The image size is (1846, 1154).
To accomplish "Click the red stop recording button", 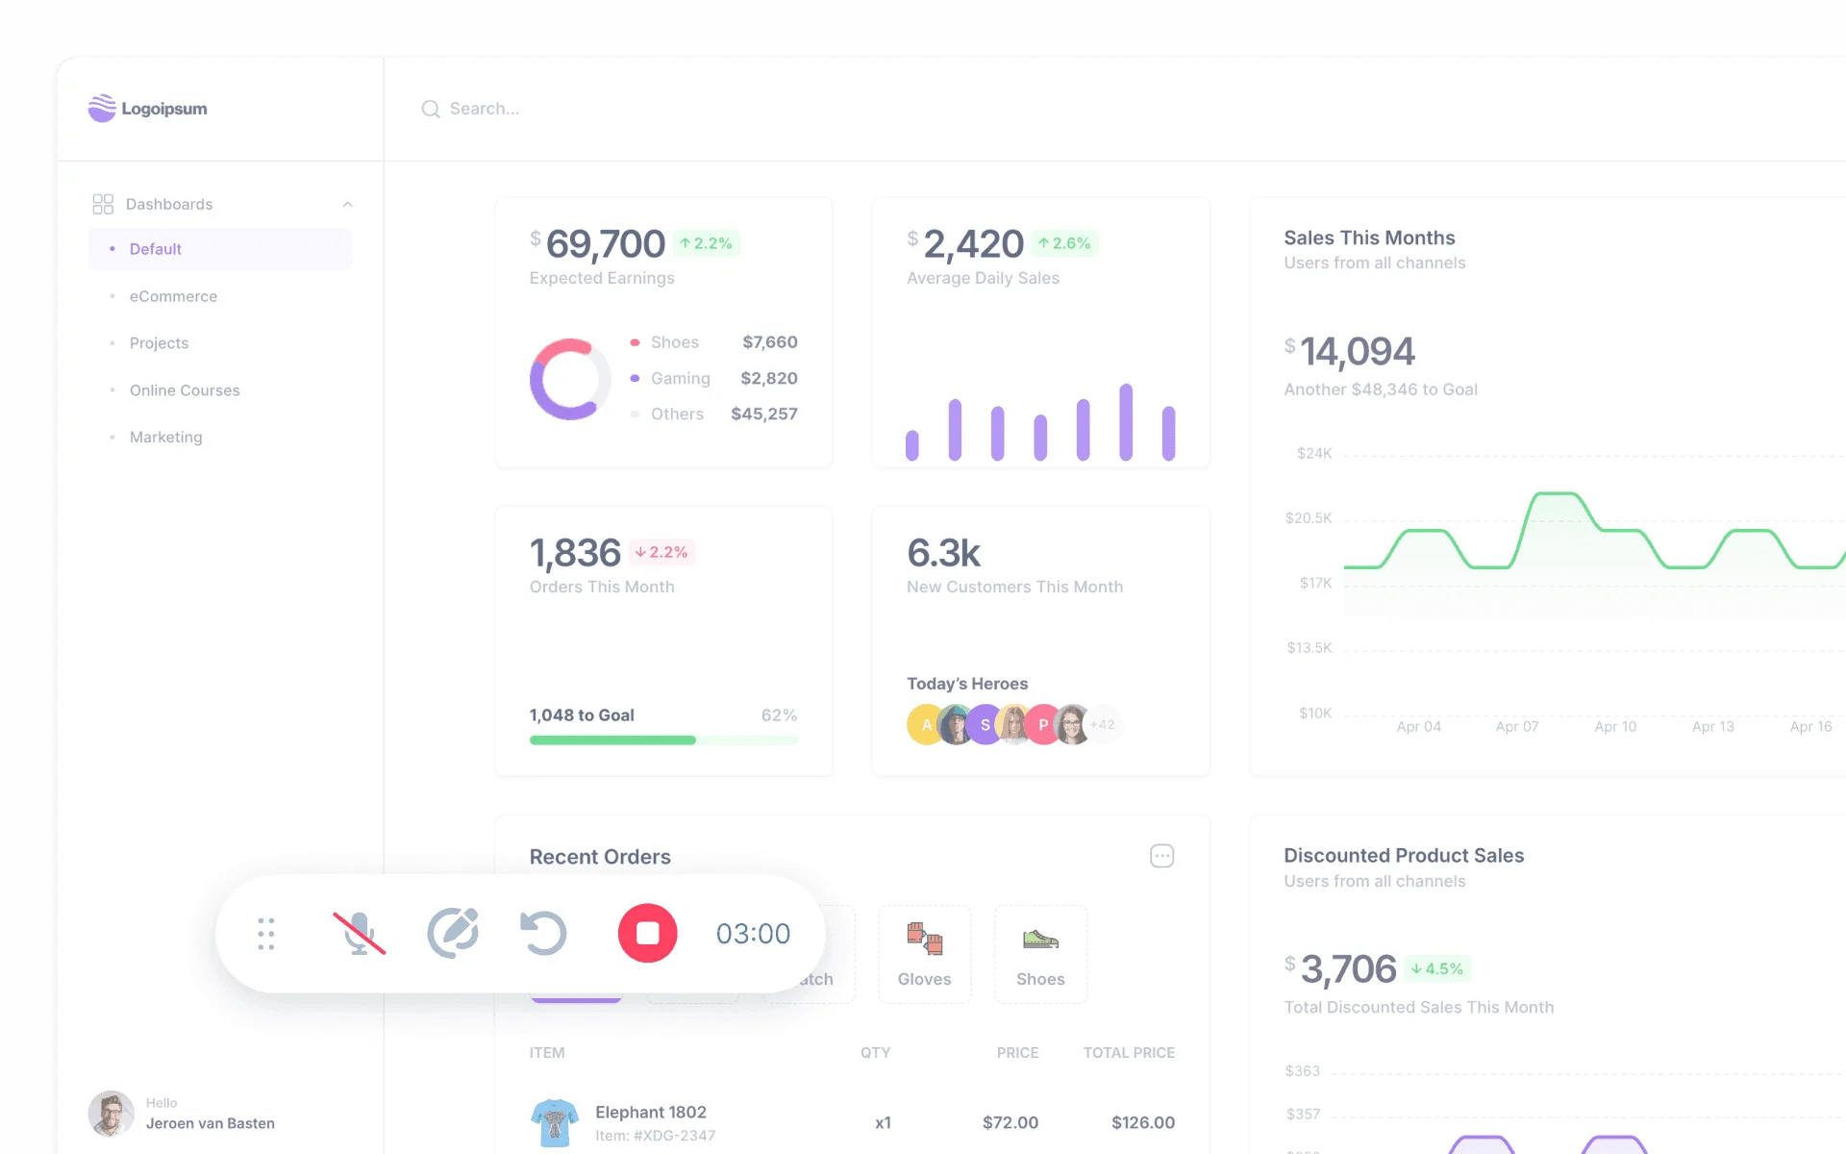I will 647,933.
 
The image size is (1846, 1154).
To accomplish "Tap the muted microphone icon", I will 359,933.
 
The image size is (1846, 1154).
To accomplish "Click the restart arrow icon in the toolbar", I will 543,933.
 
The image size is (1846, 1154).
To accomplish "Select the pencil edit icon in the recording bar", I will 453,933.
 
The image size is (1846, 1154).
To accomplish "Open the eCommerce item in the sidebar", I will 173,296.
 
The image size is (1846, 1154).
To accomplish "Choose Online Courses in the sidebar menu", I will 185,390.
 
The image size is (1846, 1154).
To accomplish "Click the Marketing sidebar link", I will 165,437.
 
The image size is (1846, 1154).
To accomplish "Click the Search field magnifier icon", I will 431,109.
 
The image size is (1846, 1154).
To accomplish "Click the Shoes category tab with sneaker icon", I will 1040,954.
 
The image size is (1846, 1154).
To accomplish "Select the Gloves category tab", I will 924,954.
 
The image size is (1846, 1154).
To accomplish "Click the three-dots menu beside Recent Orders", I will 1161,856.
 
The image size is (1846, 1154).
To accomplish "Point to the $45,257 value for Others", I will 763,414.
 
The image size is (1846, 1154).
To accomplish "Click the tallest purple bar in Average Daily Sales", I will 1125,422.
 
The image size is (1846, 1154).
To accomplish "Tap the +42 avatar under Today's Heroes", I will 1103,725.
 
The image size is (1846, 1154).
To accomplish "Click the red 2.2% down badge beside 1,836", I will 661,552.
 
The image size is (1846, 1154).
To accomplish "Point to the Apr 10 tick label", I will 1615,727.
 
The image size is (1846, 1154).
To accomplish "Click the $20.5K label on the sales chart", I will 1309,518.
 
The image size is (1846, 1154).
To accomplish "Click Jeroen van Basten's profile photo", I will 112,1114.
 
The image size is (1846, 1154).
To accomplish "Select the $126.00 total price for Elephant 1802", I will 1142,1122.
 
